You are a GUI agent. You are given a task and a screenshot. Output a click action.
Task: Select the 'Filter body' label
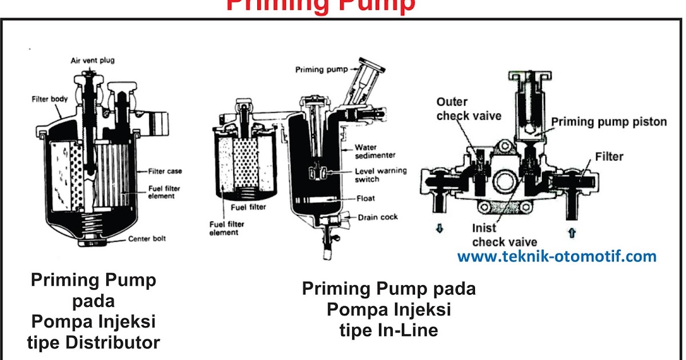pos(50,99)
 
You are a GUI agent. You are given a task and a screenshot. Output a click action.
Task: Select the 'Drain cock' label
pos(378,217)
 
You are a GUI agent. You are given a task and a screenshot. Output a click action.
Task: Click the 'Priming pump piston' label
pos(609,122)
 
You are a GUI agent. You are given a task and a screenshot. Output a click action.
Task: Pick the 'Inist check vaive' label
pos(496,235)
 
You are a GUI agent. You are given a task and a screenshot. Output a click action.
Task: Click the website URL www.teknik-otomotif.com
pos(557,257)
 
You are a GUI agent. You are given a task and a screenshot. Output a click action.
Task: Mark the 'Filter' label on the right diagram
pos(609,156)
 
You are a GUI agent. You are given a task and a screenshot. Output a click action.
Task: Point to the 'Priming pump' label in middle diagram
pos(318,70)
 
